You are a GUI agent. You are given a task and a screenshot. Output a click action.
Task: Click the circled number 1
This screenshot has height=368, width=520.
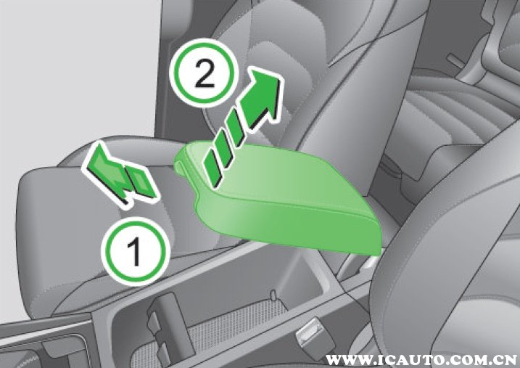tap(136, 252)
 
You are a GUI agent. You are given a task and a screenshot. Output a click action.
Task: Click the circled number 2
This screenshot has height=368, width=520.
tap(205, 73)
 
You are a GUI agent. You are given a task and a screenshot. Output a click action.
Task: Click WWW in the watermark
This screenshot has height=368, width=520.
tap(344, 359)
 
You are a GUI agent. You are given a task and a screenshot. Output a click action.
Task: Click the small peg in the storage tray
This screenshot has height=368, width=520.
tap(273, 295)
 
